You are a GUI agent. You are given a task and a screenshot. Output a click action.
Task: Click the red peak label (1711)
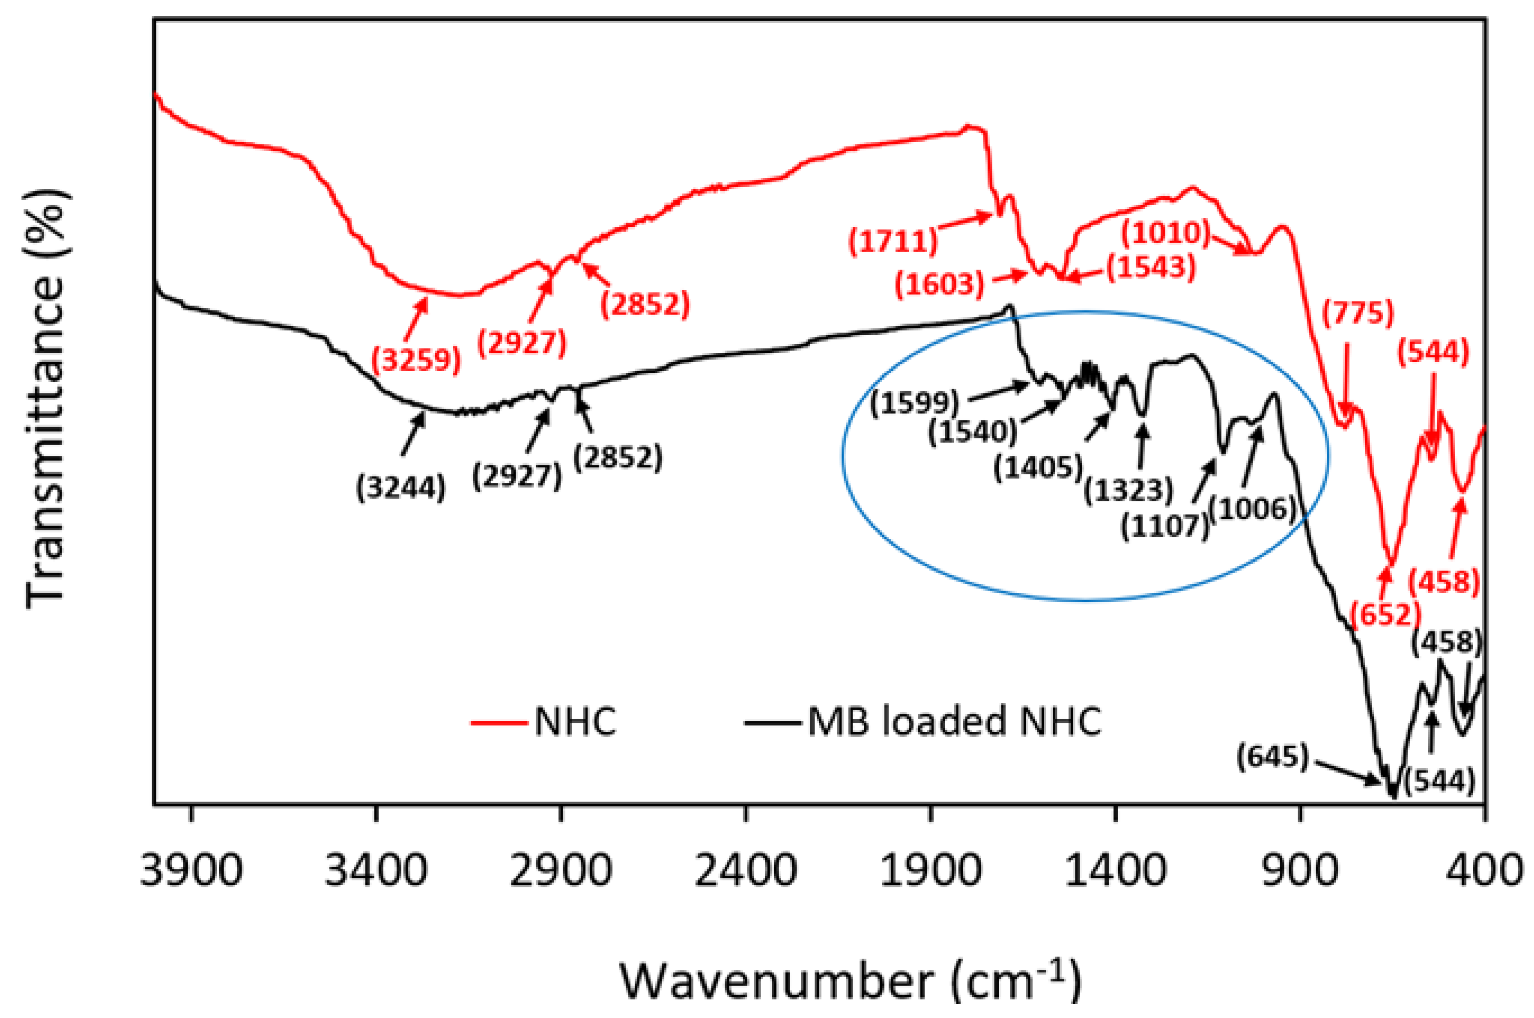(x=893, y=241)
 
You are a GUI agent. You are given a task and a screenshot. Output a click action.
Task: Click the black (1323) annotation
(x=1128, y=490)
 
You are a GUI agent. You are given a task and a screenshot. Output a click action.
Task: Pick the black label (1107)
(x=1165, y=525)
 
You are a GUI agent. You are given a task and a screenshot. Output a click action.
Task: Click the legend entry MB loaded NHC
(x=954, y=721)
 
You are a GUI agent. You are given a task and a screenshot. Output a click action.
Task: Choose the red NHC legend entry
(x=574, y=721)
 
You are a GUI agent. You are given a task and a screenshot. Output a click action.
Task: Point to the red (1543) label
(x=1150, y=267)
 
